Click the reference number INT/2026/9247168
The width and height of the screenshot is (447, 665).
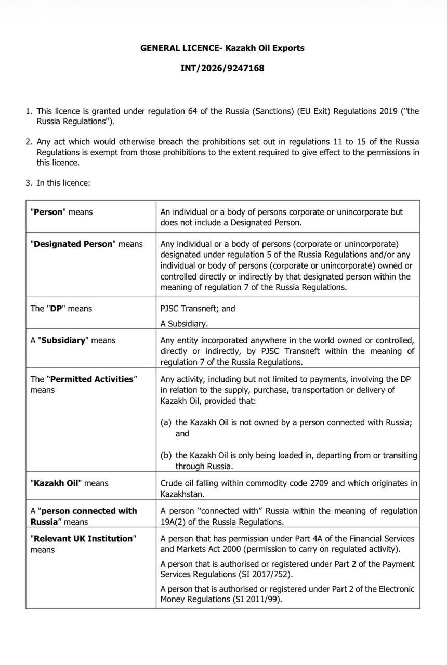tap(222, 68)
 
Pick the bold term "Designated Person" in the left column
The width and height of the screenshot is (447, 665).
tap(73, 244)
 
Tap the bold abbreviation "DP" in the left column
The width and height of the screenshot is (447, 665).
tap(56, 308)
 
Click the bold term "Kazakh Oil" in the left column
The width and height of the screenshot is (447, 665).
tap(56, 483)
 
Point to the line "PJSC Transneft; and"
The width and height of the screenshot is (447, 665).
tap(198, 308)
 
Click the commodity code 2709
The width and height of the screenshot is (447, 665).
tap(319, 483)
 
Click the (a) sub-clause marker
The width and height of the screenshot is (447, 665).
tap(166, 422)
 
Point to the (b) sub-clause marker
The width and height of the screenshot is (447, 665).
tap(166, 455)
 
